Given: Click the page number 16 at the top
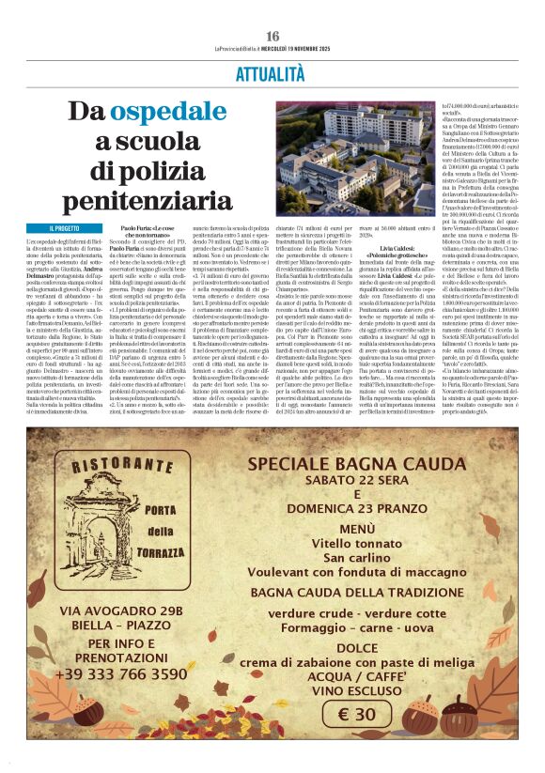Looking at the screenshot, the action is [272, 36].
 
